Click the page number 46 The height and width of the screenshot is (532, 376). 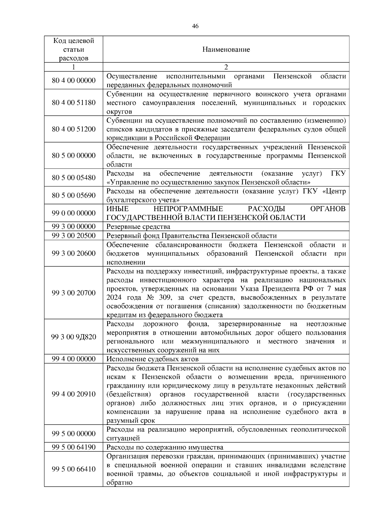point(195,26)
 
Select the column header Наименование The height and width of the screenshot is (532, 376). point(226,50)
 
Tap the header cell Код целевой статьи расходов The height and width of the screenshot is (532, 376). point(74,50)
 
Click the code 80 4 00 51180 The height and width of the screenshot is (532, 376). point(74,103)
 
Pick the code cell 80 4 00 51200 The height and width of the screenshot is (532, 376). point(74,129)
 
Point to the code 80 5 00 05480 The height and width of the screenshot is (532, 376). point(74,178)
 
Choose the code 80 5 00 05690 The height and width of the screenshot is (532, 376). point(74,196)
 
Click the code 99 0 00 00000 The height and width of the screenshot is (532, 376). point(74,213)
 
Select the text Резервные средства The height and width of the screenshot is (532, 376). point(138,227)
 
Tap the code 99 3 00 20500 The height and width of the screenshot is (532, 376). point(74,236)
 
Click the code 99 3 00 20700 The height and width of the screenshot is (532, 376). point(74,293)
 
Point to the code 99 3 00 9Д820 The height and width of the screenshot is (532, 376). point(74,337)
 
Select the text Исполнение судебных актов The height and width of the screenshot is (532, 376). point(153,359)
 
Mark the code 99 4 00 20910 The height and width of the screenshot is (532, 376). point(74,394)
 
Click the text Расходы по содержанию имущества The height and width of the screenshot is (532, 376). point(165,447)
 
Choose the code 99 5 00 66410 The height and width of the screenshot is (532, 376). point(74,469)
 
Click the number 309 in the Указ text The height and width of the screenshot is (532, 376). point(162,297)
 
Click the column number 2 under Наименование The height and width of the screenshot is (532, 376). point(226,67)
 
